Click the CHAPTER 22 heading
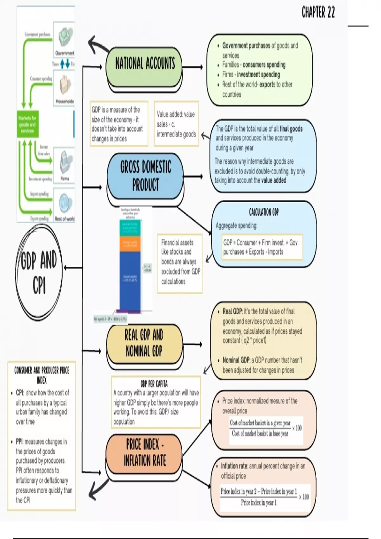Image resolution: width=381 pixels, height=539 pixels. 318,12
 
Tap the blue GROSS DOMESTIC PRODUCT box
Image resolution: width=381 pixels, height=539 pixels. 145,176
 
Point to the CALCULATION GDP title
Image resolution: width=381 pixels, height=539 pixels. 264,212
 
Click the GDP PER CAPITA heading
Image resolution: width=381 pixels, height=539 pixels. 154,384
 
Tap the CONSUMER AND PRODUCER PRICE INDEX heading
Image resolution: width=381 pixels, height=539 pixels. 42,375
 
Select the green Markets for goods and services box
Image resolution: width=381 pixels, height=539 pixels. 28,124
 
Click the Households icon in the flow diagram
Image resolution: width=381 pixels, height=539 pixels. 64,84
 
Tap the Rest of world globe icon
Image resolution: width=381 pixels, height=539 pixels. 65,203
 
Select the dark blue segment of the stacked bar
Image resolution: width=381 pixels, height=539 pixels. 130,279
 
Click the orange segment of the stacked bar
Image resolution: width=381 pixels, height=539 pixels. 130,244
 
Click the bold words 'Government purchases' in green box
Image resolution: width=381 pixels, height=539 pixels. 246,46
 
